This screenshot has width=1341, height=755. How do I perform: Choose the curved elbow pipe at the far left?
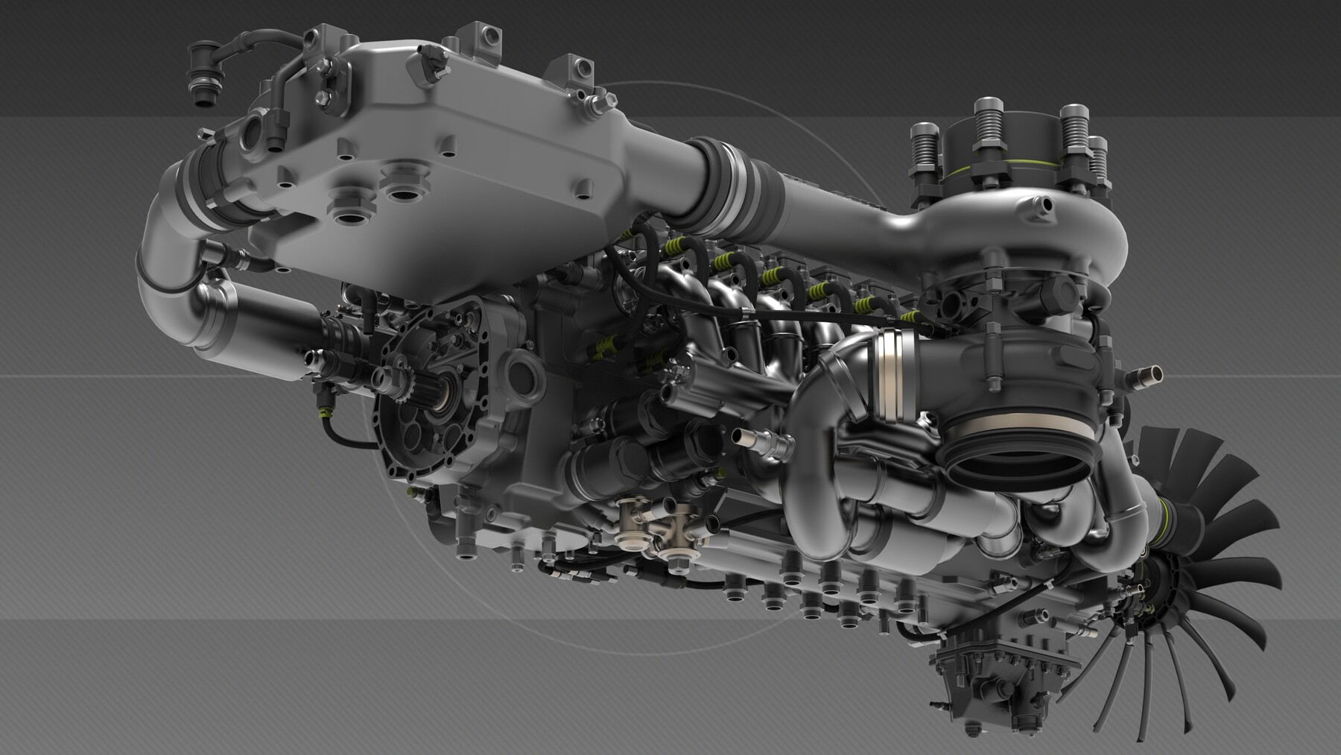pyautogui.click(x=168, y=246)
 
